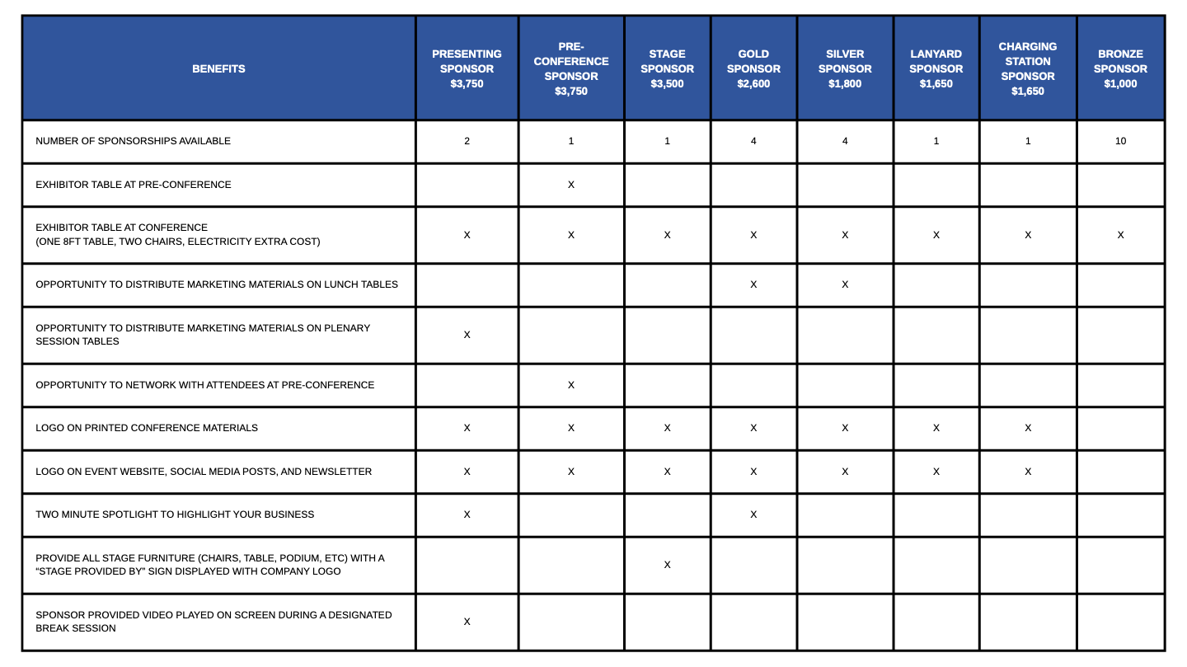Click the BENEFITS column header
[218, 69]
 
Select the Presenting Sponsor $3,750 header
[467, 69]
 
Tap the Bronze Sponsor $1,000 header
[1120, 69]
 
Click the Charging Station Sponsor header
[1027, 69]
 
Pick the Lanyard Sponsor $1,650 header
[936, 69]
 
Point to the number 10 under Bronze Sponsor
[1120, 141]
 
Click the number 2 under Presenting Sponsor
[467, 141]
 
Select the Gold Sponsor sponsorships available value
[753, 141]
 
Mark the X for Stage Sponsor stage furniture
[667, 565]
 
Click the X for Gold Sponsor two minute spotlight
[753, 514]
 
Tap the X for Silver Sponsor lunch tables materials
[845, 284]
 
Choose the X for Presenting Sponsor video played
[467, 622]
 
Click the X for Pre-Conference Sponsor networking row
[571, 385]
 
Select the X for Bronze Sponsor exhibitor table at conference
[1120, 235]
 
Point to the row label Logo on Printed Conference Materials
[147, 428]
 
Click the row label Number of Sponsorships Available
[133, 141]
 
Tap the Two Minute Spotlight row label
[175, 514]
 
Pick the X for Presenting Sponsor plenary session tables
[467, 335]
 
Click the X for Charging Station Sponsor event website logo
[1027, 472]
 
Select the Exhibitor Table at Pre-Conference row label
[134, 185]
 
